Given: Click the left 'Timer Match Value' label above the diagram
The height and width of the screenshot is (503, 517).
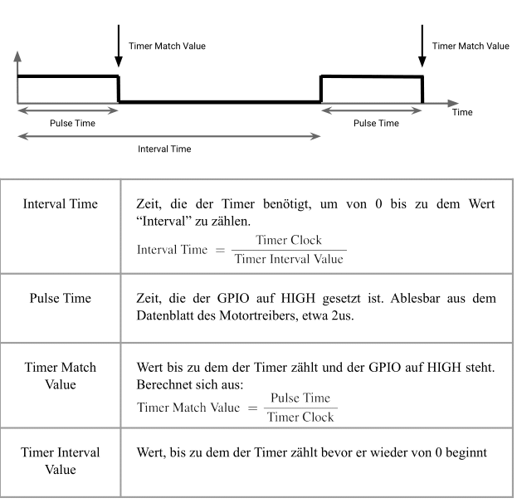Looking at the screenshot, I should click(167, 46).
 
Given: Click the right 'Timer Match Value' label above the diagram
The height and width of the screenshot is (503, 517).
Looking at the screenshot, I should click(471, 46).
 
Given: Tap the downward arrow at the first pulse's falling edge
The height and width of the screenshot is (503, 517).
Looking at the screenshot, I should click(119, 49).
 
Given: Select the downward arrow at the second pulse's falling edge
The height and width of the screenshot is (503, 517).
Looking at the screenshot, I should click(422, 49).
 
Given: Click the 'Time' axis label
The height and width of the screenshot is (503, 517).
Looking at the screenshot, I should click(463, 111).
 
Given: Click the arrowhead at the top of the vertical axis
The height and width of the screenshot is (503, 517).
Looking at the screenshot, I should click(17, 57).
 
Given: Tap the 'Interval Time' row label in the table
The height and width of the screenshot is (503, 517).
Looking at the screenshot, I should click(61, 204).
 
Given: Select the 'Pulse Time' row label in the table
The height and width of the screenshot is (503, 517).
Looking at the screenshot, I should click(61, 296).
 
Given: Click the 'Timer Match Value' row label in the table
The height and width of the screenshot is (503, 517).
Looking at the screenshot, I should click(61, 374).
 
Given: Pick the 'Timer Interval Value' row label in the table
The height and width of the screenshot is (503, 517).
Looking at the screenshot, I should click(61, 459).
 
